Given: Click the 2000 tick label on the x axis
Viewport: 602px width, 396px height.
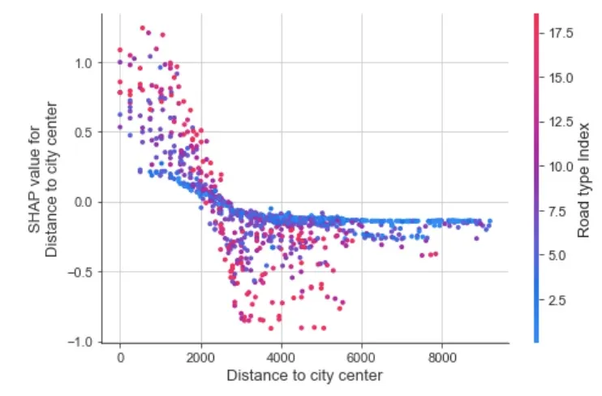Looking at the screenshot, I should (x=200, y=356).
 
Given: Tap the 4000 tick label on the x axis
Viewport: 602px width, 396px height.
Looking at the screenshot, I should (x=281, y=356).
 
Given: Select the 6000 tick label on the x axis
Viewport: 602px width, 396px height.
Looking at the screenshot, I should (x=362, y=356).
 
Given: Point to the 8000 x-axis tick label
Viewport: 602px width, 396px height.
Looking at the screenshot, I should (x=442, y=356).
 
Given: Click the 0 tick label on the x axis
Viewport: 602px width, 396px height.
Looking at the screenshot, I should (x=120, y=356).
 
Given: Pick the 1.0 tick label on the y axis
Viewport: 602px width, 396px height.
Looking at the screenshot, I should (x=84, y=62).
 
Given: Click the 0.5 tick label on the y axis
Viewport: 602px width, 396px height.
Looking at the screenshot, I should (x=84, y=132).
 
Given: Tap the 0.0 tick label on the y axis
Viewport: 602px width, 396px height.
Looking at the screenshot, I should (x=84, y=202).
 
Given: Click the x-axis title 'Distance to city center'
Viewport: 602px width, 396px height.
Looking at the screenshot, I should (x=304, y=376).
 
